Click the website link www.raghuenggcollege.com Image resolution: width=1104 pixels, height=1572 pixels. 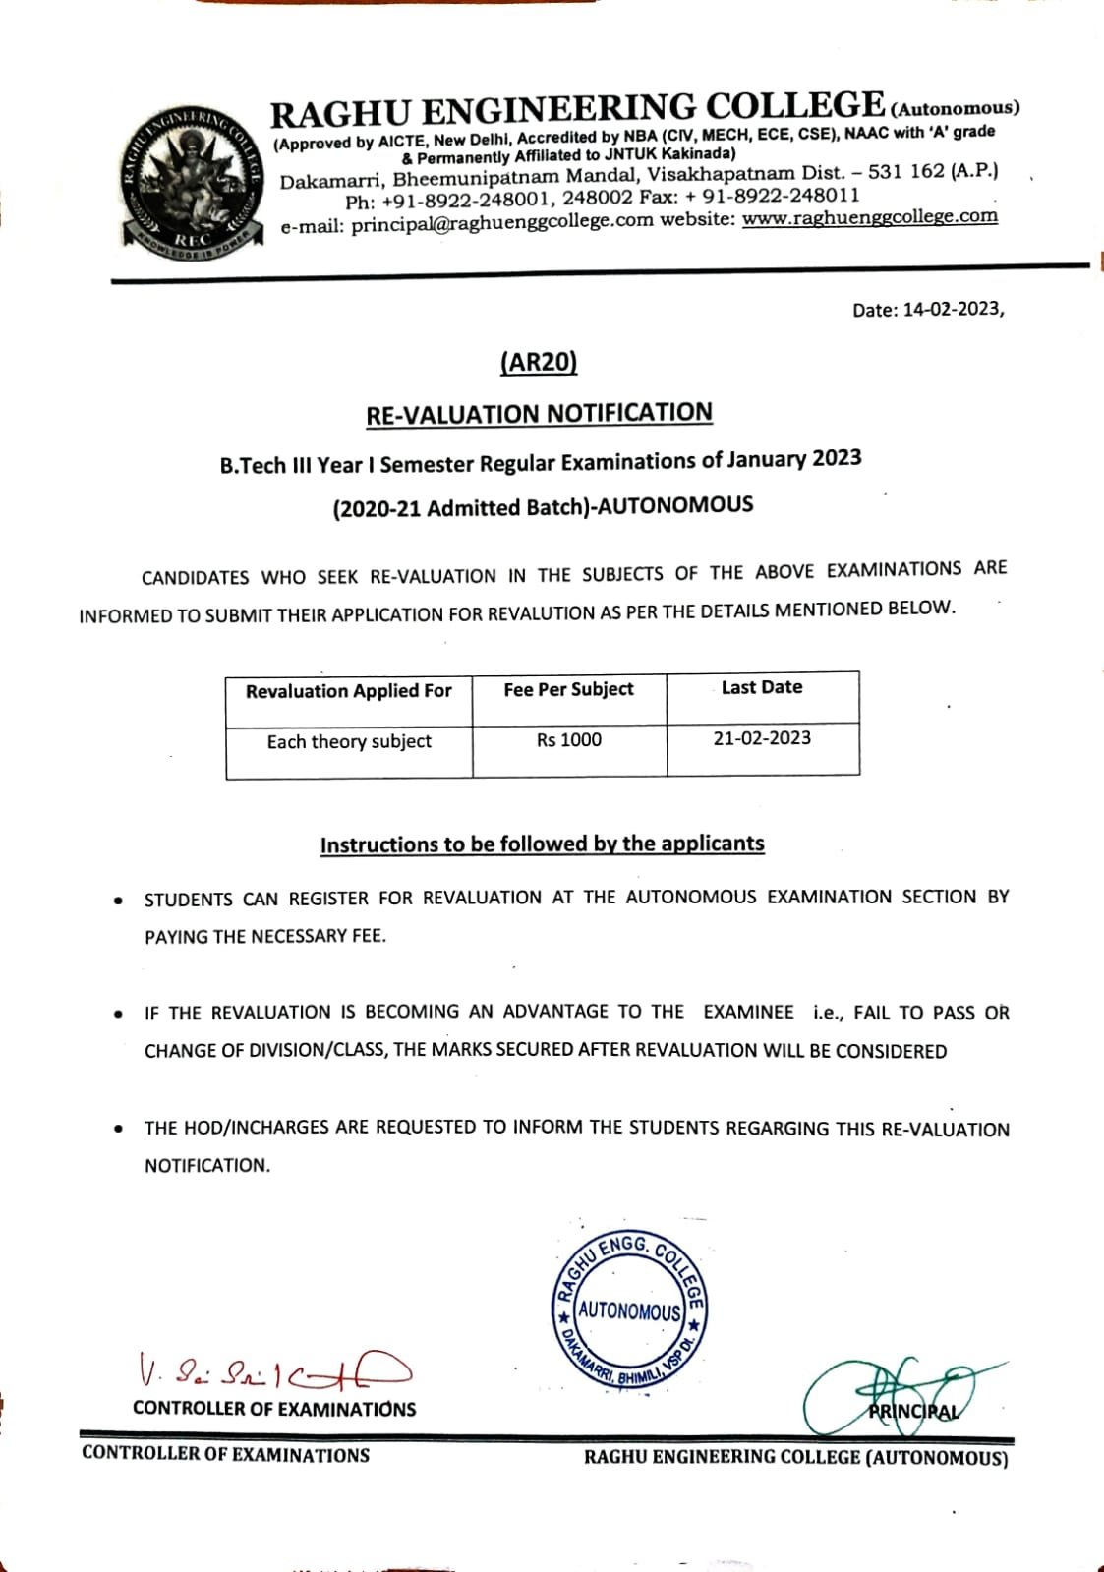pyautogui.click(x=869, y=217)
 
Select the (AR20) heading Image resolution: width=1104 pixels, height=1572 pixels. pyautogui.click(x=538, y=362)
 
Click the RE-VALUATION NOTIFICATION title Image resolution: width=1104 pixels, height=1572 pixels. pyautogui.click(x=539, y=414)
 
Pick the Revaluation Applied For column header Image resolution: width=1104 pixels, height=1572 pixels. pyautogui.click(x=348, y=691)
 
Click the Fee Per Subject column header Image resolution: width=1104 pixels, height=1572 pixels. pyautogui.click(x=568, y=689)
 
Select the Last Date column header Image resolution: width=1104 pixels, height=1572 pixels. pyautogui.click(x=762, y=687)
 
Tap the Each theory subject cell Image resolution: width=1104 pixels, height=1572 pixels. pyautogui.click(x=349, y=741)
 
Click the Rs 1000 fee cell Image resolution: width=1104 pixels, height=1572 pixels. pyautogui.click(x=568, y=739)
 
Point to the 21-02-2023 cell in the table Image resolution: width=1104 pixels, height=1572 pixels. pyautogui.click(x=762, y=737)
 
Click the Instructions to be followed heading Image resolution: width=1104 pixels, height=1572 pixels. pyautogui.click(x=542, y=844)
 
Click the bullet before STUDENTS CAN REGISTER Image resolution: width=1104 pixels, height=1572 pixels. pyautogui.click(x=118, y=900)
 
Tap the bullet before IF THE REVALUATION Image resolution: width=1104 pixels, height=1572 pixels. pyautogui.click(x=118, y=1014)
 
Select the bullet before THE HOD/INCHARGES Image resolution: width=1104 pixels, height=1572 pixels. pyautogui.click(x=118, y=1129)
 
